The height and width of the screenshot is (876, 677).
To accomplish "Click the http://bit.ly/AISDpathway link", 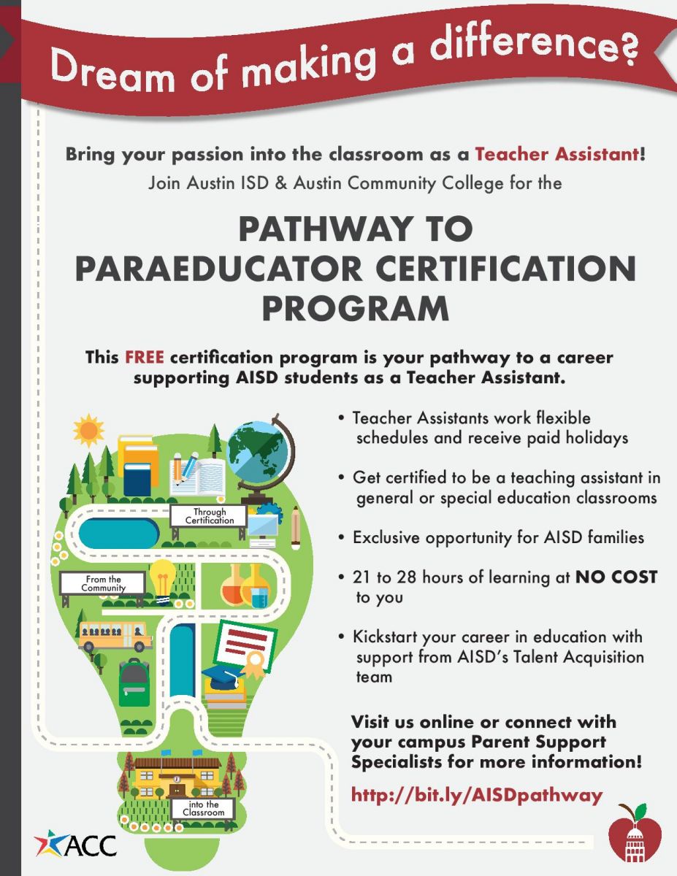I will point(477,794).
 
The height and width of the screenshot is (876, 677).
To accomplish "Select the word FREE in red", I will point(145,358).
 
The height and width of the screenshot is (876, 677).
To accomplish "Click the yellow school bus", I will point(115,636).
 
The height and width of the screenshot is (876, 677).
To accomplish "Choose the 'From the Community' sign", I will point(103,583).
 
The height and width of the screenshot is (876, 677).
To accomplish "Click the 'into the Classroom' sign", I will point(203,808).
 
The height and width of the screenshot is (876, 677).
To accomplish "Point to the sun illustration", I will point(88,431).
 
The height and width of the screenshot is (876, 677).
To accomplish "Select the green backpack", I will point(133,679).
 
